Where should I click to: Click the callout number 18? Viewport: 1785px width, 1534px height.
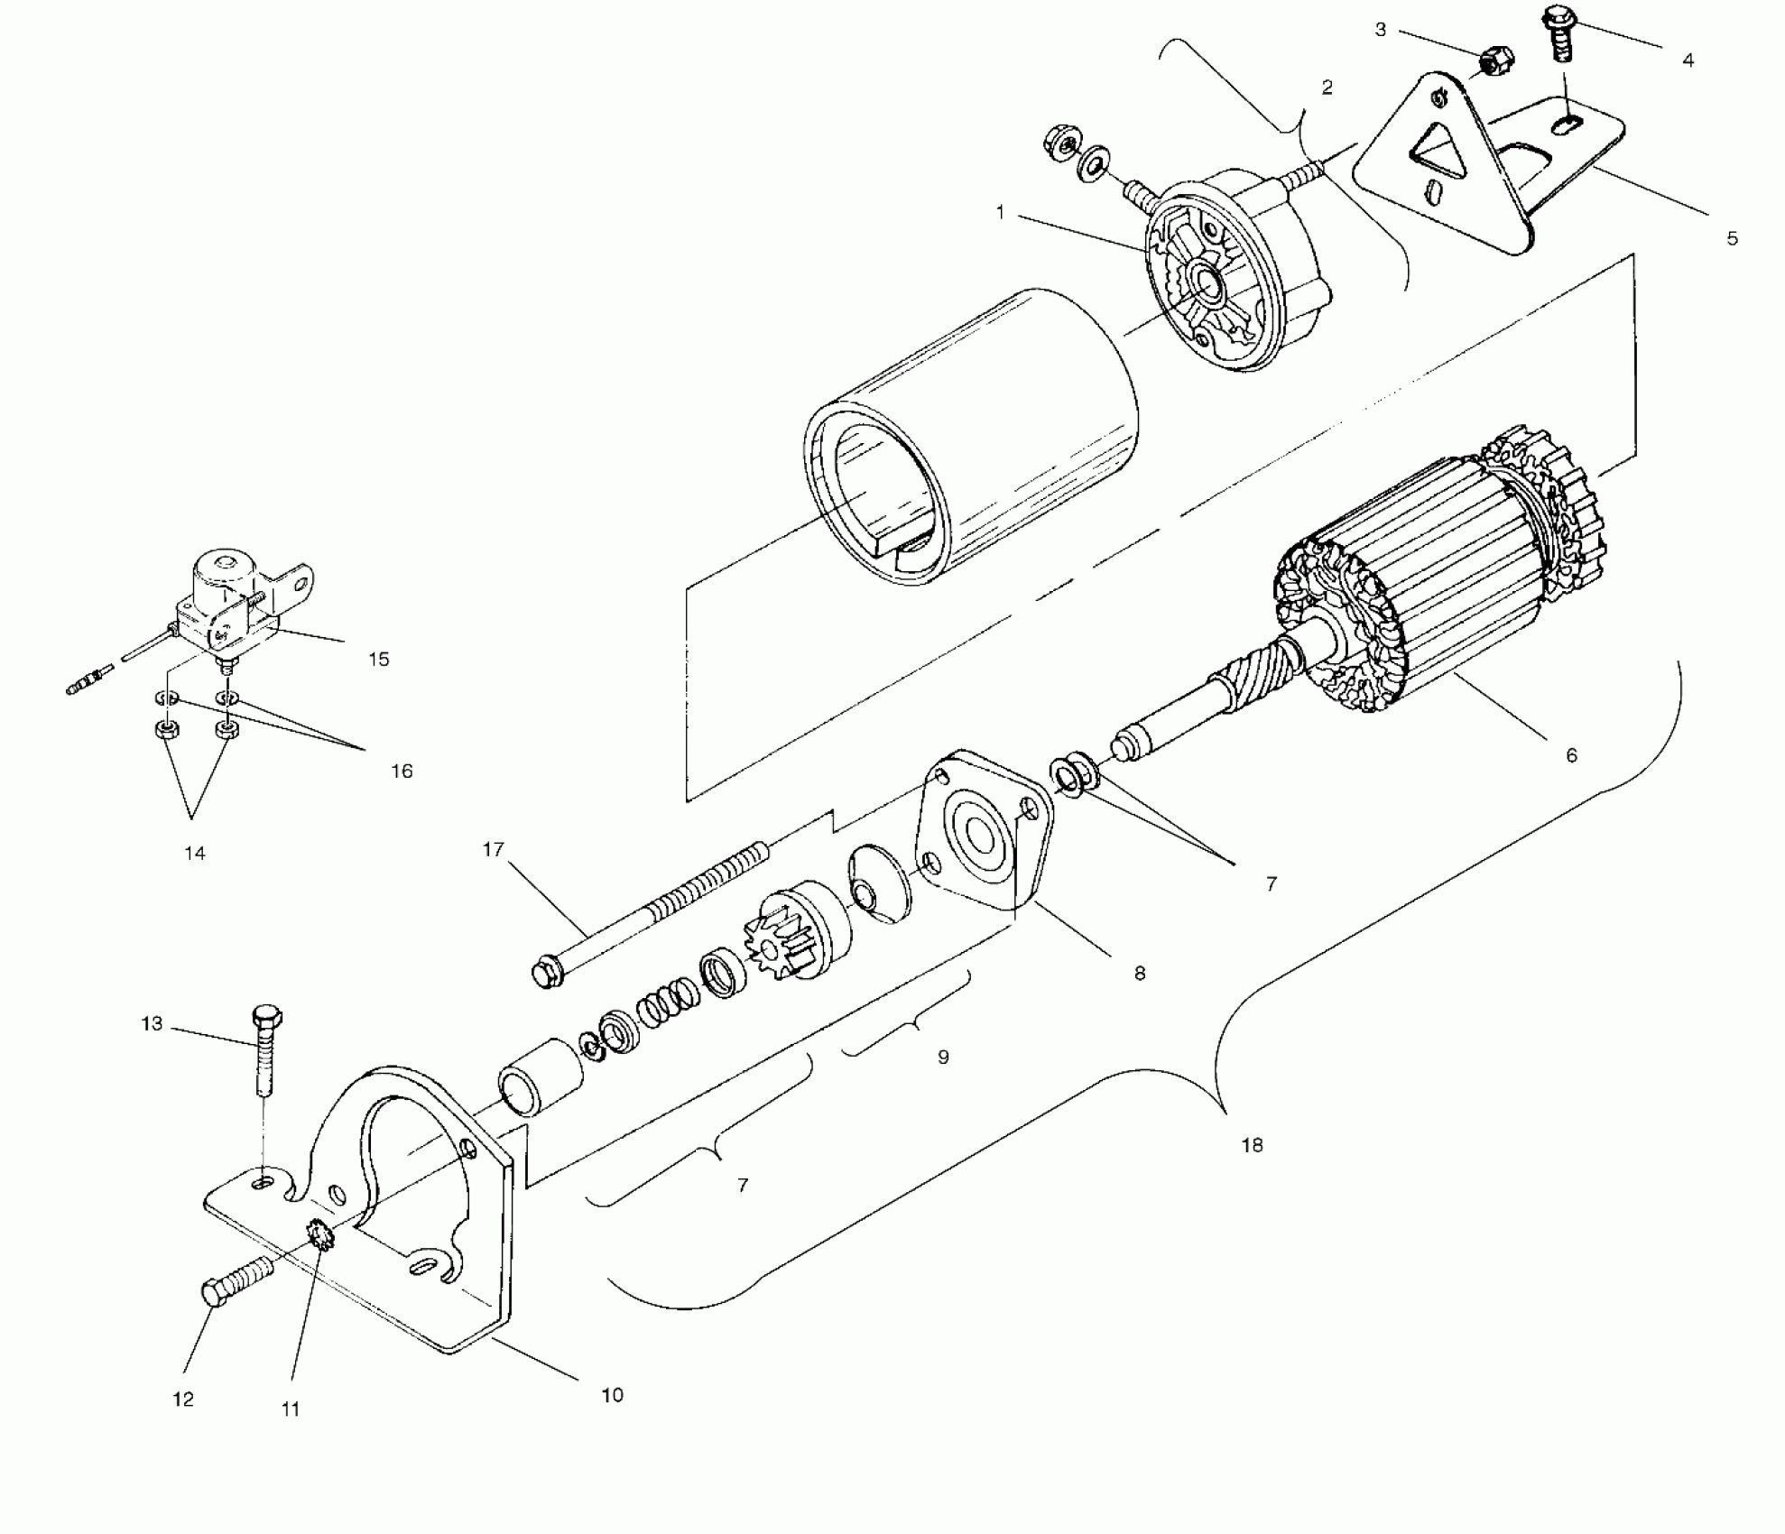(1252, 1145)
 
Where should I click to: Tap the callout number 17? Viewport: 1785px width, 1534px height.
(493, 849)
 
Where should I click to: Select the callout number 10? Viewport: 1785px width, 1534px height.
(612, 1395)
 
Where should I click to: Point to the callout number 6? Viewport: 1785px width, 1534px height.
(1571, 755)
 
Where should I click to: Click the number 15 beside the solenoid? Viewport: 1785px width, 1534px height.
(379, 659)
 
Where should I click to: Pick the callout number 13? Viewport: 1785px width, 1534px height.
(152, 1024)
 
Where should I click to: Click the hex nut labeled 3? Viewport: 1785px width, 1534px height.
(1496, 62)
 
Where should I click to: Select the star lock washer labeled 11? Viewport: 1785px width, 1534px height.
(320, 1234)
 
